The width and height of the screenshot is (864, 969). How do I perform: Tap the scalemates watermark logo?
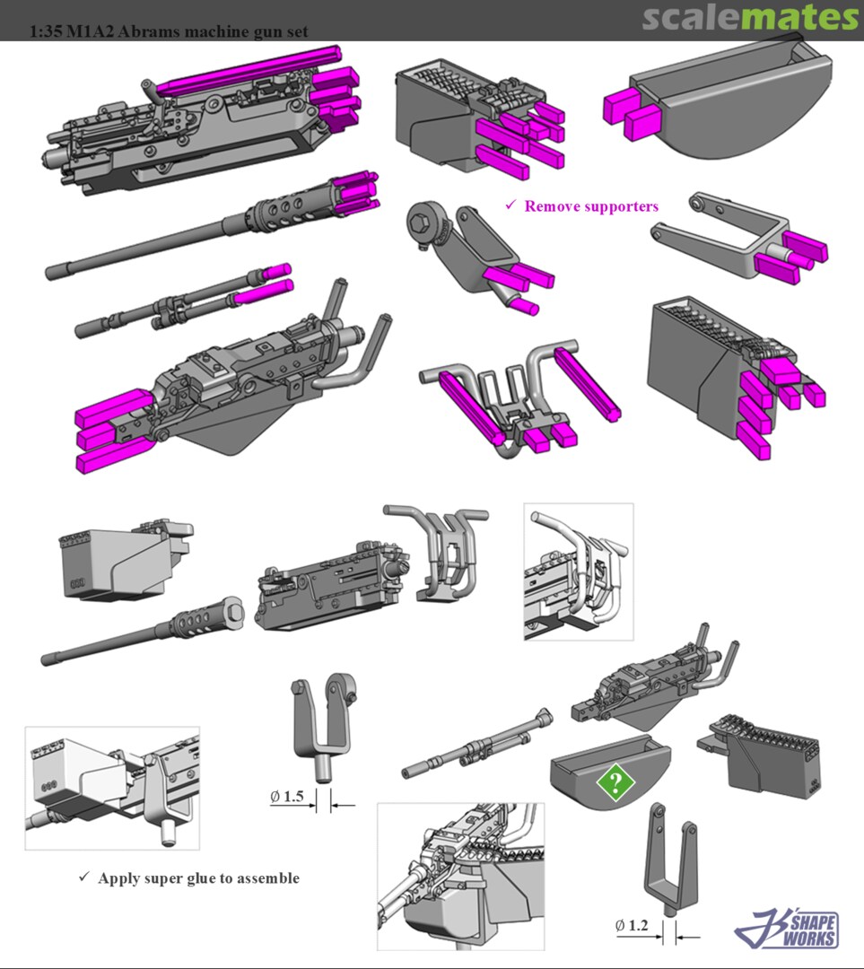pyautogui.click(x=750, y=17)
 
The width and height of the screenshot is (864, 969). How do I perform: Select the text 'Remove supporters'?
pyautogui.click(x=591, y=206)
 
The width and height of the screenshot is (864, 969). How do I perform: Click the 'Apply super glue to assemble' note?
pyautogui.click(x=198, y=878)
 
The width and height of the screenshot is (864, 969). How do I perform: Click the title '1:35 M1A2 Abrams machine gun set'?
pyautogui.click(x=169, y=31)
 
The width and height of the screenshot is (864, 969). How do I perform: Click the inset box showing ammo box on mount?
pyautogui.click(x=111, y=787)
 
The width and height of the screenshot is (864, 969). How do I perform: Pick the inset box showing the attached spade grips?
pyautogui.click(x=578, y=571)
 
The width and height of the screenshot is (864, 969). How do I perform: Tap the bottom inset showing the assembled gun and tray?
pyautogui.click(x=460, y=875)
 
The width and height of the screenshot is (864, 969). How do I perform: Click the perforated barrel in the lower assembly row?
pyautogui.click(x=144, y=635)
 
